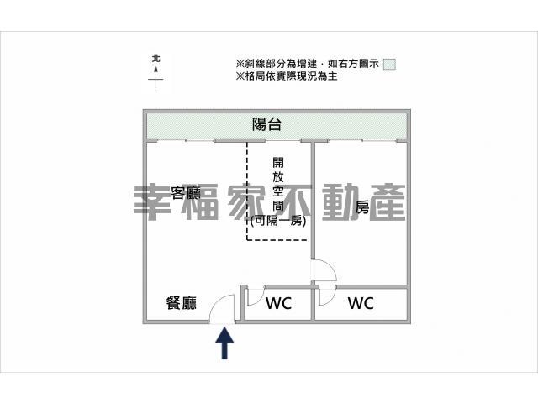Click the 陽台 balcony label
pyautogui.click(x=267, y=125)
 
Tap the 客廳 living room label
pyautogui.click(x=184, y=192)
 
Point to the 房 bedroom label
pyautogui.click(x=362, y=207)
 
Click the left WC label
pyautogui.click(x=278, y=303)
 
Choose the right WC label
pyautogui.click(x=361, y=303)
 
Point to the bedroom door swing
pyautogui.click(x=324, y=271)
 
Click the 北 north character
pyautogui.click(x=156, y=59)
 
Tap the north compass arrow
pyautogui.click(x=156, y=79)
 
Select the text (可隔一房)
pyautogui.click(x=277, y=221)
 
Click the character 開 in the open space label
pyautogui.click(x=277, y=163)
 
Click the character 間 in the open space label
pyautogui.click(x=277, y=206)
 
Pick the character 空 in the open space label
pyautogui.click(x=277, y=191)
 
